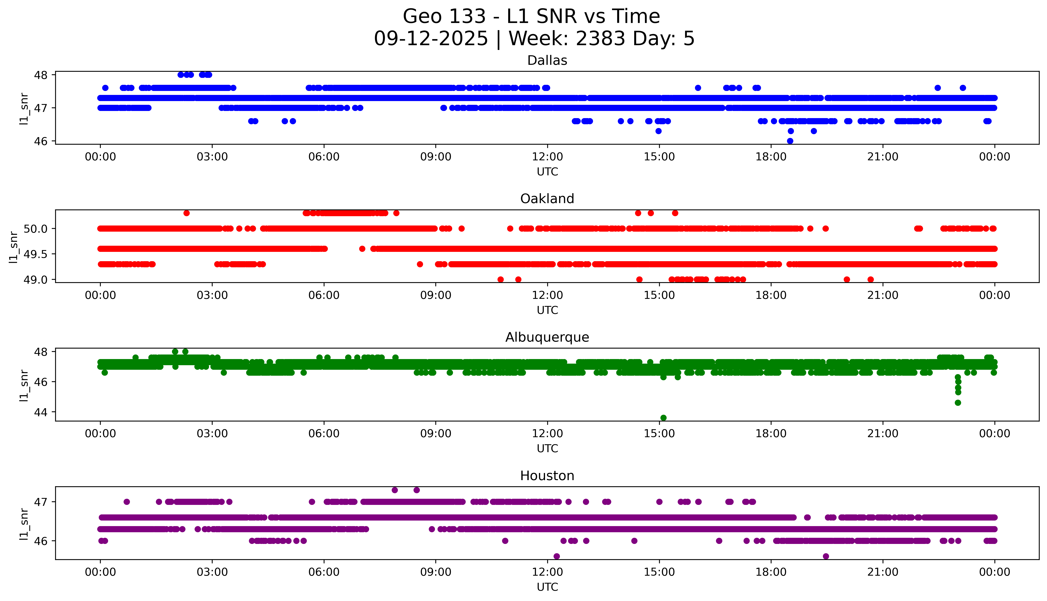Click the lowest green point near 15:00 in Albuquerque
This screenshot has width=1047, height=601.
pyautogui.click(x=663, y=418)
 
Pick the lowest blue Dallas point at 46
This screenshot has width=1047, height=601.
pyautogui.click(x=790, y=141)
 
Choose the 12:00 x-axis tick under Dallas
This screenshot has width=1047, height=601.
pyautogui.click(x=547, y=157)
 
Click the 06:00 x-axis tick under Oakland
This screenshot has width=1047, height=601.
pyautogui.click(x=324, y=295)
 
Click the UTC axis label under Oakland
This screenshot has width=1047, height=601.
pyautogui.click(x=547, y=310)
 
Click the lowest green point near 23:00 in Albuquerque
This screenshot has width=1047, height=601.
pyautogui.click(x=958, y=402)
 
